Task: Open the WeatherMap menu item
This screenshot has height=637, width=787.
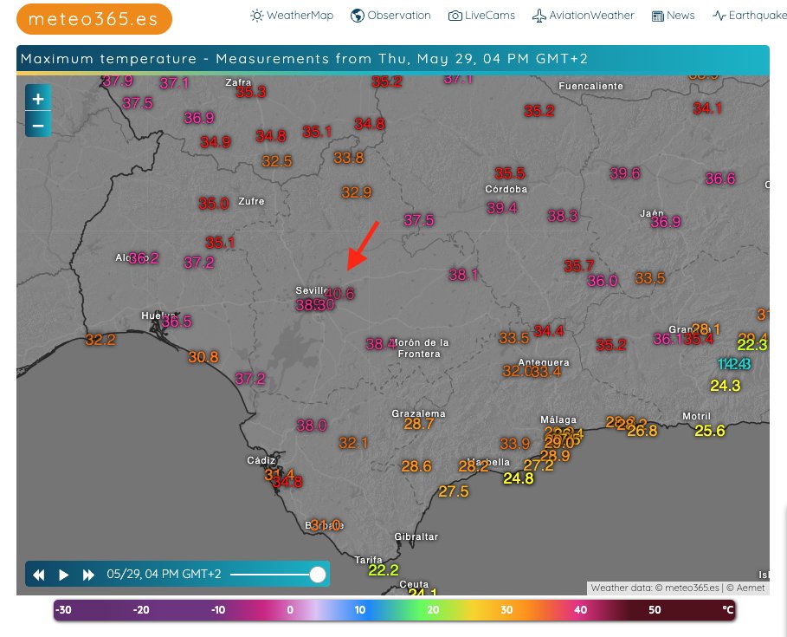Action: [x=292, y=16]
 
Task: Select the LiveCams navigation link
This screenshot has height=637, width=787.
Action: [x=484, y=16]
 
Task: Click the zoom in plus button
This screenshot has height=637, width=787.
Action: [x=38, y=99]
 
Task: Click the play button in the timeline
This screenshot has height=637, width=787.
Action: [x=63, y=575]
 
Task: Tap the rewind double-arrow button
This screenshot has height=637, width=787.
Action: [x=39, y=575]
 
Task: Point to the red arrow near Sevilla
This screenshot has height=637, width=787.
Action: [x=362, y=244]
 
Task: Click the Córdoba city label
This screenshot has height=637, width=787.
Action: [x=506, y=190]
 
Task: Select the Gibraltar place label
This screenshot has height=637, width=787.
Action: [x=416, y=537]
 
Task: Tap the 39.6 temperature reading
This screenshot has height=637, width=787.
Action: [x=624, y=173]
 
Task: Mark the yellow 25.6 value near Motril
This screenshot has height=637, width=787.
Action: [x=709, y=431]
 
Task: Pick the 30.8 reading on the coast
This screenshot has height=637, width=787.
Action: [x=203, y=357]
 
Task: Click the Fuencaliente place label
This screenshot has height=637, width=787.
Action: [x=590, y=87]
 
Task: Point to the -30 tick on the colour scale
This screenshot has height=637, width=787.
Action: [x=63, y=610]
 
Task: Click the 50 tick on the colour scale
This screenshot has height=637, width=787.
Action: [x=655, y=610]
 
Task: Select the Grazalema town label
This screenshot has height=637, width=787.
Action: [x=418, y=413]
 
